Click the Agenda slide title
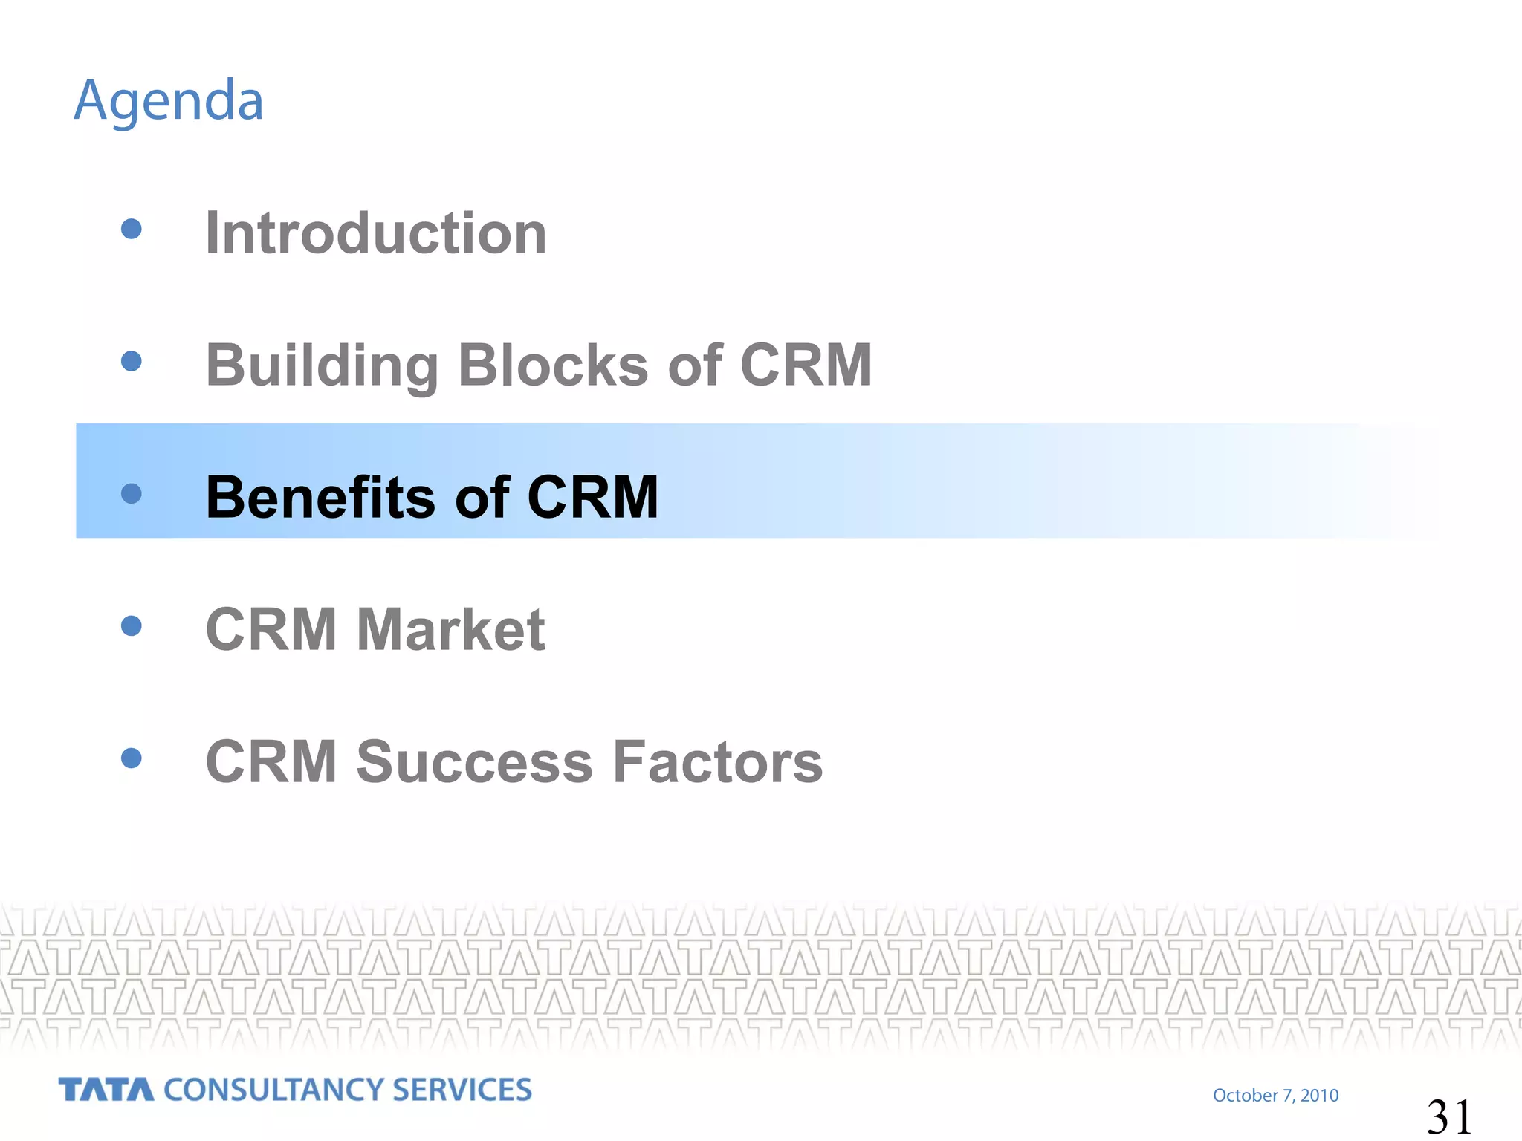point(169,101)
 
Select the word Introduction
point(376,233)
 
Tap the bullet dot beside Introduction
point(132,229)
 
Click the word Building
point(322,365)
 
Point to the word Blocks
point(553,365)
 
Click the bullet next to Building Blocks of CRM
point(132,361)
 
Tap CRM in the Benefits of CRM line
point(592,497)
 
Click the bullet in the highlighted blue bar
point(132,493)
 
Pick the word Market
point(451,630)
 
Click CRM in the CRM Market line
point(271,630)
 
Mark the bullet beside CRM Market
point(132,625)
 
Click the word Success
point(475,762)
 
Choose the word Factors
point(718,762)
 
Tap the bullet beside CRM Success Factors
point(132,758)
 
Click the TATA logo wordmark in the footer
point(106,1090)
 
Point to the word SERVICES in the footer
point(462,1090)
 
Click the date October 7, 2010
point(1275,1095)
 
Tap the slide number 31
point(1449,1116)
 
